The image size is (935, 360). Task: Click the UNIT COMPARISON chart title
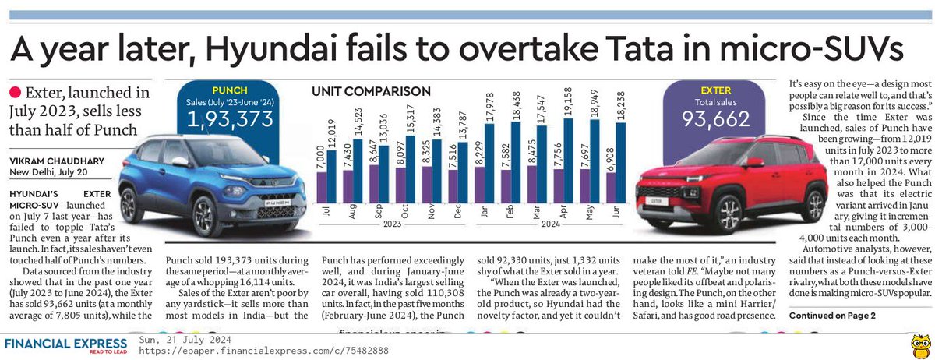point(371,90)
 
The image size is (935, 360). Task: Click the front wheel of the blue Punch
point(206,214)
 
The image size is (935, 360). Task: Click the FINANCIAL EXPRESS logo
point(65,344)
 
